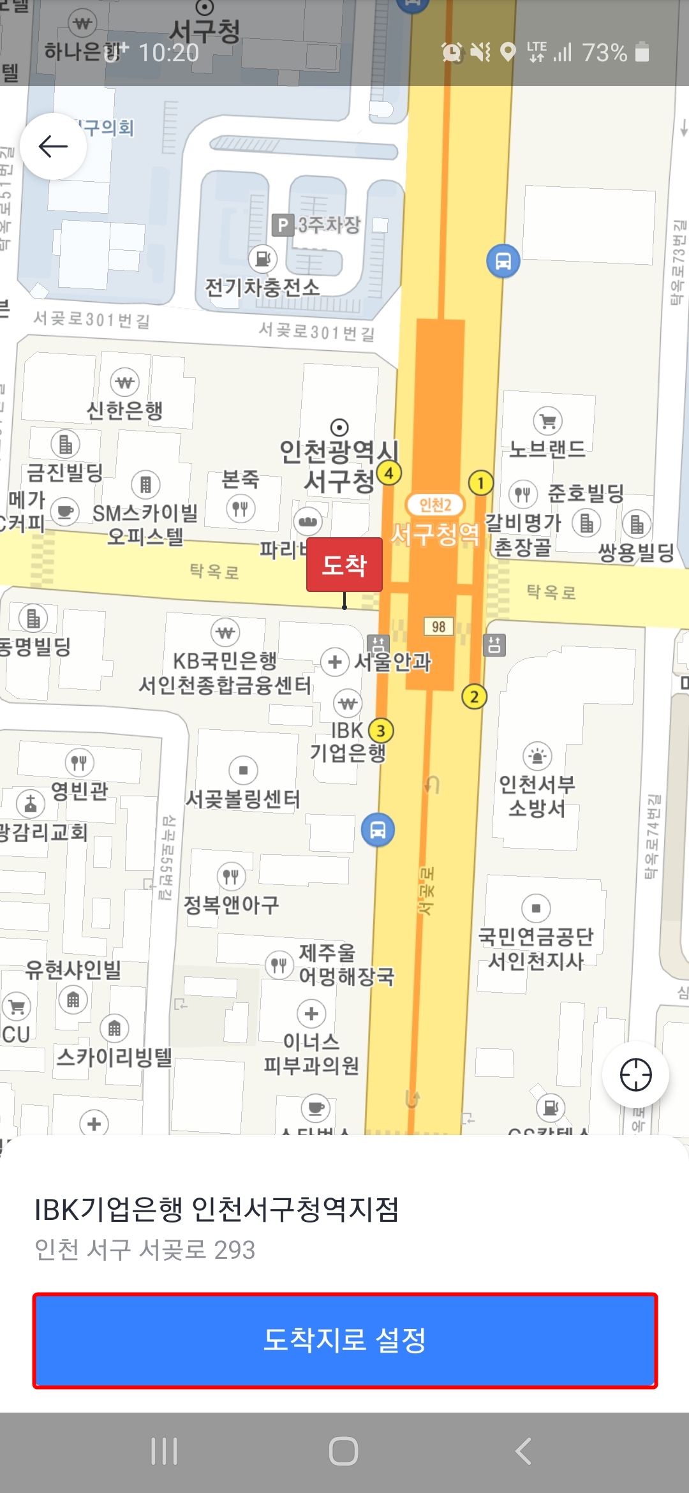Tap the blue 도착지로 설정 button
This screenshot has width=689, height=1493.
tap(344, 1340)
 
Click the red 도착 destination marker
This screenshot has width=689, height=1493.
tap(344, 565)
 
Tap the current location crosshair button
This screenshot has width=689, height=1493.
tap(635, 1074)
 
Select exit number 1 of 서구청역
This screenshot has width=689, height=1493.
tap(480, 482)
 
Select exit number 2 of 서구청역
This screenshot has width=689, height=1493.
tap(474, 696)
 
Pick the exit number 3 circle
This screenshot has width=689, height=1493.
tap(381, 731)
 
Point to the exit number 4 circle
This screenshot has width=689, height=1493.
tap(389, 473)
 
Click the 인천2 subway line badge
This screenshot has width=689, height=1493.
tap(435, 505)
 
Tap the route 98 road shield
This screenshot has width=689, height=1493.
tap(439, 627)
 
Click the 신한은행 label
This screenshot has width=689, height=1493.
tap(125, 410)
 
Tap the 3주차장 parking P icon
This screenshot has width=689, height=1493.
tap(281, 225)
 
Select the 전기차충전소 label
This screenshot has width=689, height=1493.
tap(262, 287)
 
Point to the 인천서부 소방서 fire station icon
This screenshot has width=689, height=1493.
tap(537, 756)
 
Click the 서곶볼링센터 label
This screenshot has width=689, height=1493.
tap(242, 798)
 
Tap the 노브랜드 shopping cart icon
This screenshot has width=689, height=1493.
tap(547, 420)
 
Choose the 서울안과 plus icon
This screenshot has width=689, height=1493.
tap(335, 662)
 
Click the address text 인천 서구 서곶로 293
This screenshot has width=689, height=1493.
tap(145, 1250)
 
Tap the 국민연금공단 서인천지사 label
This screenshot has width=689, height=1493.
tap(536, 948)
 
